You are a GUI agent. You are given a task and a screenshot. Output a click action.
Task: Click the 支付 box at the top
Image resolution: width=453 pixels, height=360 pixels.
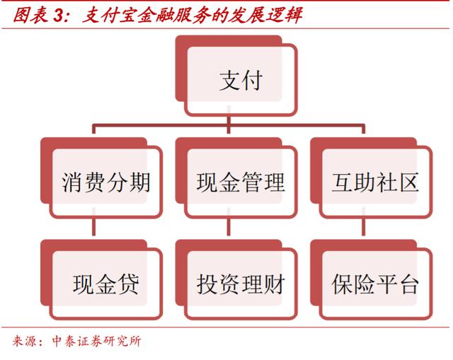click(x=236, y=76)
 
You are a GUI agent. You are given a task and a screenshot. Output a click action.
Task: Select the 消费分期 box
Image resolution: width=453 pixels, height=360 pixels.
click(x=101, y=178)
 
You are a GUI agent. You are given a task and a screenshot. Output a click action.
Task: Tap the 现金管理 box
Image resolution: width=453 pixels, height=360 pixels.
click(x=236, y=178)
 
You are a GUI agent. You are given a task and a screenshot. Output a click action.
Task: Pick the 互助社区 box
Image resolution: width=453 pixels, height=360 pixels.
click(x=371, y=178)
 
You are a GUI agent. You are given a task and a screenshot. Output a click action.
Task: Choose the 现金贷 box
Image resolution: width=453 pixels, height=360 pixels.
click(x=101, y=279)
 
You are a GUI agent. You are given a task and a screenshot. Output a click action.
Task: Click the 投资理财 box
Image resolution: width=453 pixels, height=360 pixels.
click(x=236, y=279)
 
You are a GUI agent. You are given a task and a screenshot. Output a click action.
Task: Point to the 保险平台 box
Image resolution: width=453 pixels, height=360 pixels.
click(x=371, y=279)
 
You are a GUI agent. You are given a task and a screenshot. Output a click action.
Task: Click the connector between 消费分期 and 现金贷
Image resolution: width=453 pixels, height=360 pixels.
click(x=93, y=226)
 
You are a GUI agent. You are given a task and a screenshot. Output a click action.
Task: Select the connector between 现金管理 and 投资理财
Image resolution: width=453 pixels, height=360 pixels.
click(x=229, y=226)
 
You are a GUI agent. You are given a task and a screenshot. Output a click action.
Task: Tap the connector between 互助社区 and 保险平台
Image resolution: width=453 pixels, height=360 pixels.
click(x=363, y=226)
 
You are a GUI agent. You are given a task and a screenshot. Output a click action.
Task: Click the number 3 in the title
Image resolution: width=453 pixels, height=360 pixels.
click(x=59, y=16)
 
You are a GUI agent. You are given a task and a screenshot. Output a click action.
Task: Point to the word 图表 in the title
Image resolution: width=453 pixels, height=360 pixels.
click(x=30, y=15)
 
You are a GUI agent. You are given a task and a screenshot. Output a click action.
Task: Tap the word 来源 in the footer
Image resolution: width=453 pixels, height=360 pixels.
click(x=23, y=341)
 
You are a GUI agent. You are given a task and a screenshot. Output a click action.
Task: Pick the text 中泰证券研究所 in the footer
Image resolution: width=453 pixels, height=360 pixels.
click(x=96, y=341)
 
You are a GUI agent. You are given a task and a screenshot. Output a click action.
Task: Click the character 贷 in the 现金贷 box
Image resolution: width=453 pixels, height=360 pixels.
click(x=128, y=284)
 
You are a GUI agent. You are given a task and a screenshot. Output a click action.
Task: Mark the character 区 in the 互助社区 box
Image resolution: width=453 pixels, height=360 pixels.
click(x=408, y=182)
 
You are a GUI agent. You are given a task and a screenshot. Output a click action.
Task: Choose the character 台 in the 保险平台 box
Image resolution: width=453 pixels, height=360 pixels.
click(x=408, y=284)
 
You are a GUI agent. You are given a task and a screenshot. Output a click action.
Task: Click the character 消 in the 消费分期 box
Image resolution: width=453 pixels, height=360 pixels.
click(x=72, y=182)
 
